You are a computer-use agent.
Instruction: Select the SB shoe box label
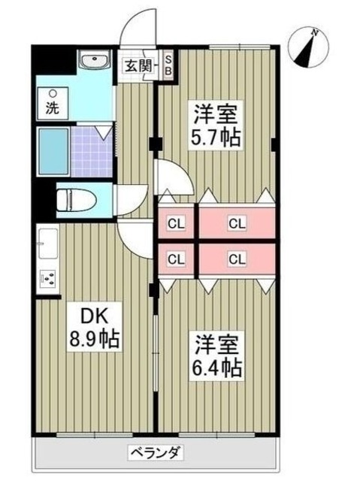[168, 65]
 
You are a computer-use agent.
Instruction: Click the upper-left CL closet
[177, 222]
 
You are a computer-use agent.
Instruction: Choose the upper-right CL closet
[236, 222]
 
